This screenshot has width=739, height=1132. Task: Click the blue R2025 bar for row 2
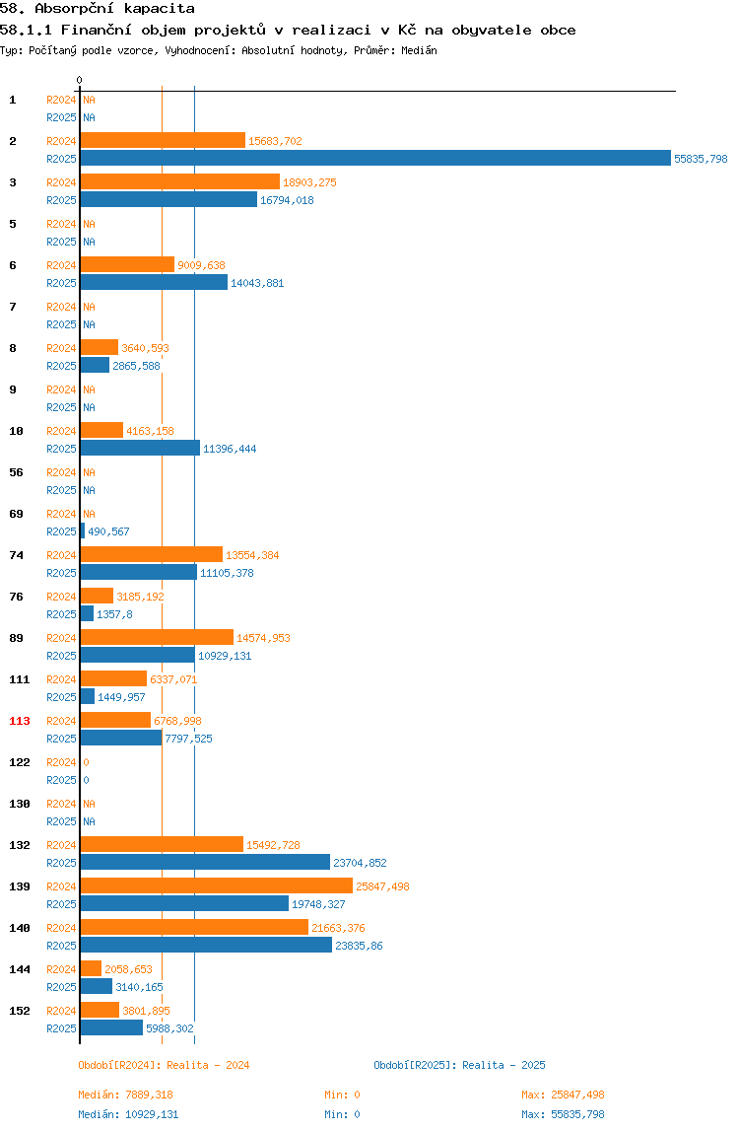[x=375, y=158]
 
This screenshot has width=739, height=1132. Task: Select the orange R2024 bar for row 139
[x=217, y=885]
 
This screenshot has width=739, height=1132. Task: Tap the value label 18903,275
[x=309, y=182]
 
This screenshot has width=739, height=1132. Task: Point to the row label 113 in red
[x=20, y=721]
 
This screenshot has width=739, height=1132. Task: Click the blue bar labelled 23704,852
[x=205, y=862]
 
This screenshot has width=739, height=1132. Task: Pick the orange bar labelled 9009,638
[x=127, y=265]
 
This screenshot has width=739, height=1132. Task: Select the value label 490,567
[x=109, y=531]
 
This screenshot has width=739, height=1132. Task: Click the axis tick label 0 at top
[x=80, y=80]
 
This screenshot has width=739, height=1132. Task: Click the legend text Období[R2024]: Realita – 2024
[x=164, y=1065]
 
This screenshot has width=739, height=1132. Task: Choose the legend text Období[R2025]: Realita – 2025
[x=460, y=1065]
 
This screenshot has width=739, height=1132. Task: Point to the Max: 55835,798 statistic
[x=563, y=1114]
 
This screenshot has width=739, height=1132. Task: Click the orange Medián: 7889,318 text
[x=125, y=1095]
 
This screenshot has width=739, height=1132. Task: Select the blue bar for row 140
[x=206, y=945]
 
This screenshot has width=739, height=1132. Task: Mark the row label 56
[x=16, y=472]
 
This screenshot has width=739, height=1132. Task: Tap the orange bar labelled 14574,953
[x=157, y=637]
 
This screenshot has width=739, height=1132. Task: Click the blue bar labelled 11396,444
[x=140, y=449]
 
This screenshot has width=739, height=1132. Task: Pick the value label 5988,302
[x=169, y=1028]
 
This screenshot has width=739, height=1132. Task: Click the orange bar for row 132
[x=162, y=845]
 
